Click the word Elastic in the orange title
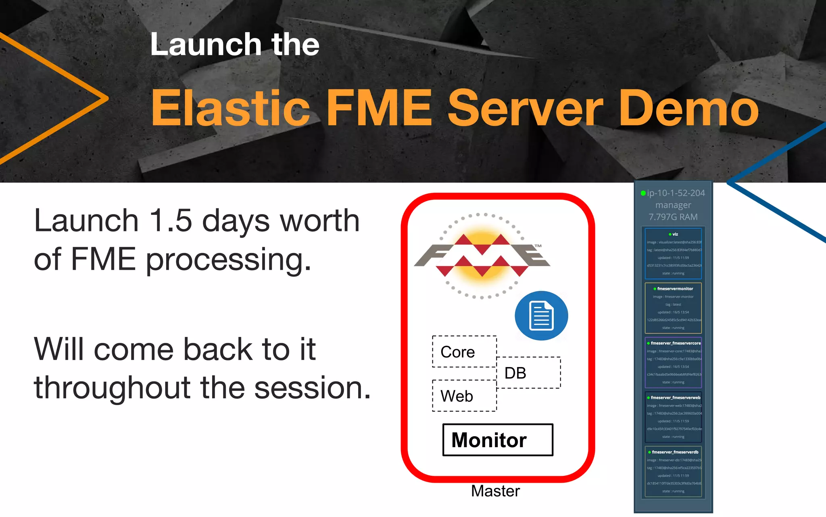[x=230, y=108]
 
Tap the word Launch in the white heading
[x=206, y=44]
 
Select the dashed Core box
[x=464, y=352]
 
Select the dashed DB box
[x=528, y=373]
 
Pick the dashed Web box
[x=464, y=396]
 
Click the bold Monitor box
[x=498, y=440]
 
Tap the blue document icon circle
[x=541, y=315]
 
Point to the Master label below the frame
[x=495, y=491]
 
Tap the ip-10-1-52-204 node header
[x=676, y=193]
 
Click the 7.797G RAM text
[x=673, y=217]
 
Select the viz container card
[x=673, y=254]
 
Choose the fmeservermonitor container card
[x=673, y=308]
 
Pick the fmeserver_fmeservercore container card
[x=673, y=362]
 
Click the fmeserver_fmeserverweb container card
[x=673, y=417]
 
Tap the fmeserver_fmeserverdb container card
[x=673, y=471]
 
